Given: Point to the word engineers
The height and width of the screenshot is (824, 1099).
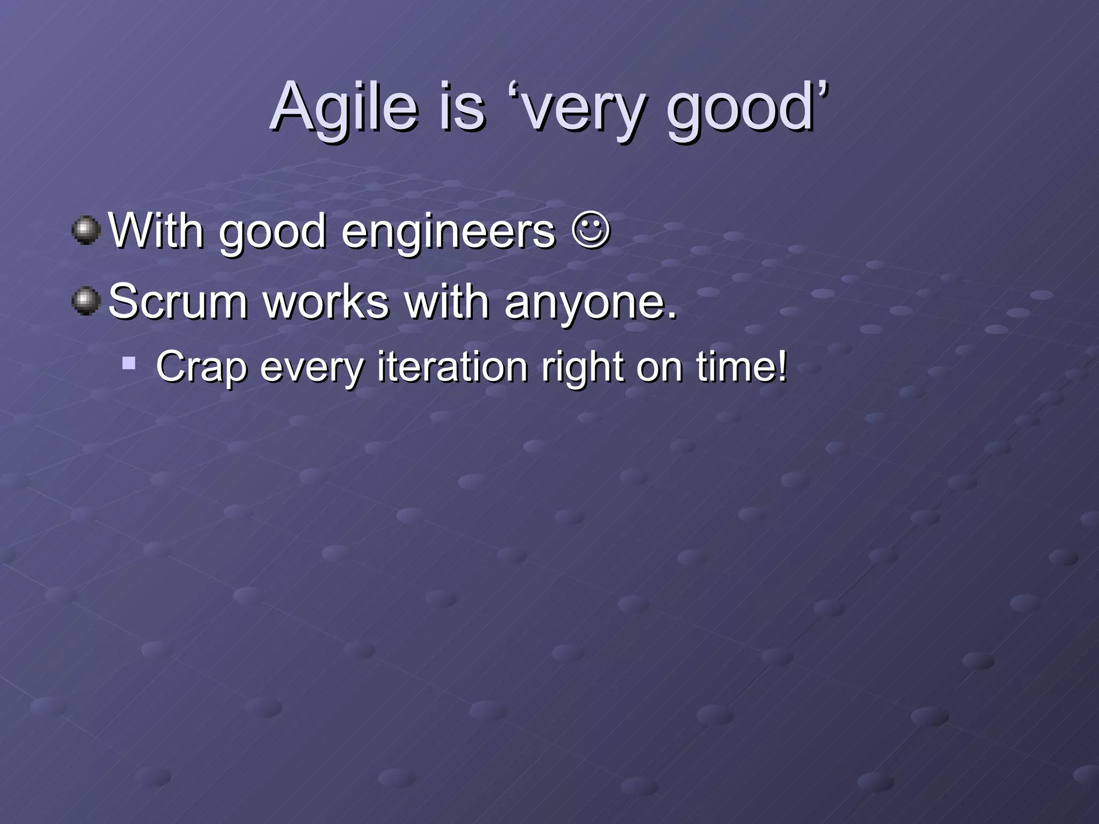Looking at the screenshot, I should coord(449,233).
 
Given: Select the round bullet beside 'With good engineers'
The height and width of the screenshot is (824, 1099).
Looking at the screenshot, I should coord(86,231).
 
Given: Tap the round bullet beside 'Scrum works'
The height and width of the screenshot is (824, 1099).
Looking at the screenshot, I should coord(86,301).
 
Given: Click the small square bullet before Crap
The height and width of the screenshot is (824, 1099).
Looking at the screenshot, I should coord(128,364).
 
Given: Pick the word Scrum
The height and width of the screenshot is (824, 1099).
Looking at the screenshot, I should coord(178,301).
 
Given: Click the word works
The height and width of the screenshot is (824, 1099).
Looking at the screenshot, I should coord(326,301).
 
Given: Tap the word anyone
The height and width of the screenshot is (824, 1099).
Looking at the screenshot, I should coord(590,303).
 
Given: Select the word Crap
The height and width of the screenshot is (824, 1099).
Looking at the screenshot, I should coord(201,367).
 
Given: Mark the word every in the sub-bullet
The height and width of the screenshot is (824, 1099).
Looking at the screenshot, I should coord(312,369).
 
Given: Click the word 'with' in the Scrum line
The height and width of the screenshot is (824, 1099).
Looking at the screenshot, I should coord(446,301).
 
